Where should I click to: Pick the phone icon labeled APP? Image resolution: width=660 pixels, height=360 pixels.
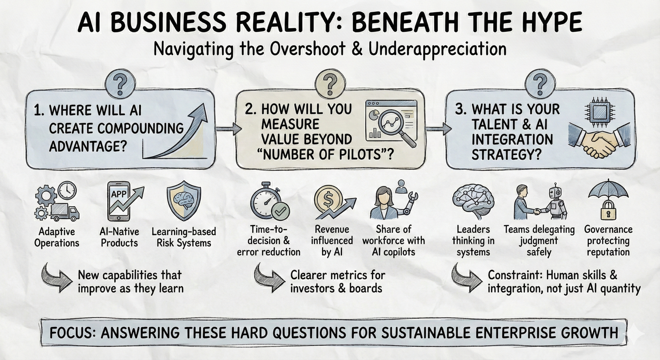[x=119, y=202]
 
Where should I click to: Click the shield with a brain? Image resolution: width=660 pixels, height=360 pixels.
[x=184, y=202]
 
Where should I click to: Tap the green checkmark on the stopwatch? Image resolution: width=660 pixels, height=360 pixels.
[x=280, y=211]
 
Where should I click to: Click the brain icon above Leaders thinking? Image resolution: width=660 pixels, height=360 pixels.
[x=473, y=200]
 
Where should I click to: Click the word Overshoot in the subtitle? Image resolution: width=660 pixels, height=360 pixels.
[x=307, y=49]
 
